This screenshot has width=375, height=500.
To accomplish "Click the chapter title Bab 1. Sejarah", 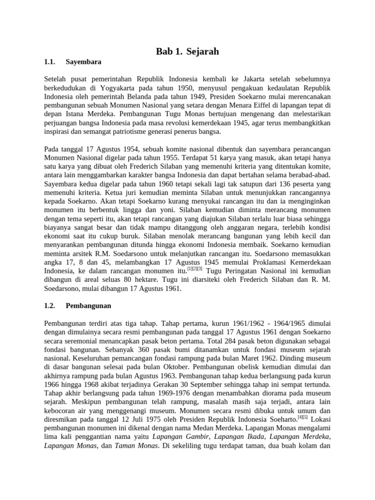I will [x=187, y=51].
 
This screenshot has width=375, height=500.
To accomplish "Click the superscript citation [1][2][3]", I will [x=195, y=268].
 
